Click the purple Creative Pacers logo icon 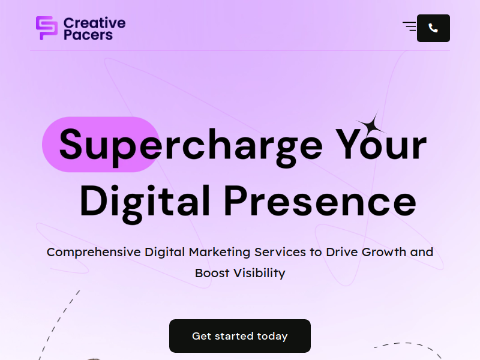pyautogui.click(x=47, y=28)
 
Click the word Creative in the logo pyautogui.click(x=95, y=23)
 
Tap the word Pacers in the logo pyautogui.click(x=88, y=35)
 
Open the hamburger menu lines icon pyautogui.click(x=410, y=26)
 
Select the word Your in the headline pyautogui.click(x=381, y=143)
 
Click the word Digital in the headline pyautogui.click(x=145, y=203)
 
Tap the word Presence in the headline pyautogui.click(x=320, y=201)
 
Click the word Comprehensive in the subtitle pyautogui.click(x=94, y=252)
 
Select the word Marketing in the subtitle pyautogui.click(x=220, y=252)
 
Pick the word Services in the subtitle pyautogui.click(x=280, y=252)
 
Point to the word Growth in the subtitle pyautogui.click(x=384, y=252)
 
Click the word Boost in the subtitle pyautogui.click(x=212, y=273)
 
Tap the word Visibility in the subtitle pyautogui.click(x=259, y=273)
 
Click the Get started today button pyautogui.click(x=240, y=336)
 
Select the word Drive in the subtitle pyautogui.click(x=341, y=252)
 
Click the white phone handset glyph pyautogui.click(x=433, y=28)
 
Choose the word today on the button pyautogui.click(x=272, y=336)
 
